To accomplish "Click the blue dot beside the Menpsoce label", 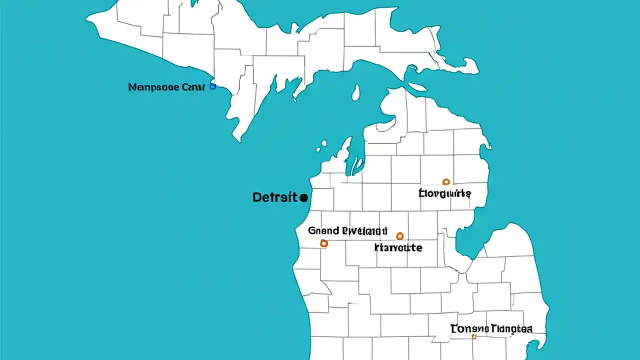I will point(212,86).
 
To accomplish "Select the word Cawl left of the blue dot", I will point(192,87).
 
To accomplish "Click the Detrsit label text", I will point(274,197).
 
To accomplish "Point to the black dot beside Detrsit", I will point(303,198).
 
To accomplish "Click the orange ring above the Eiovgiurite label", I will point(446,182).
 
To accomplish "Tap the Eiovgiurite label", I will point(444,193).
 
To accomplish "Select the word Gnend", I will point(323,231).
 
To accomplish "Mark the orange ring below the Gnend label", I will point(323,243).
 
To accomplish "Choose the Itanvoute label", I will point(398,247).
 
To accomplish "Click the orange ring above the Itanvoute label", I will point(399,235).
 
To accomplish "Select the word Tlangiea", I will point(511,328).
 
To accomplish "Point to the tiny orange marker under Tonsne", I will point(473,337).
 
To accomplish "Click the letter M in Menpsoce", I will point(133,87).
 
